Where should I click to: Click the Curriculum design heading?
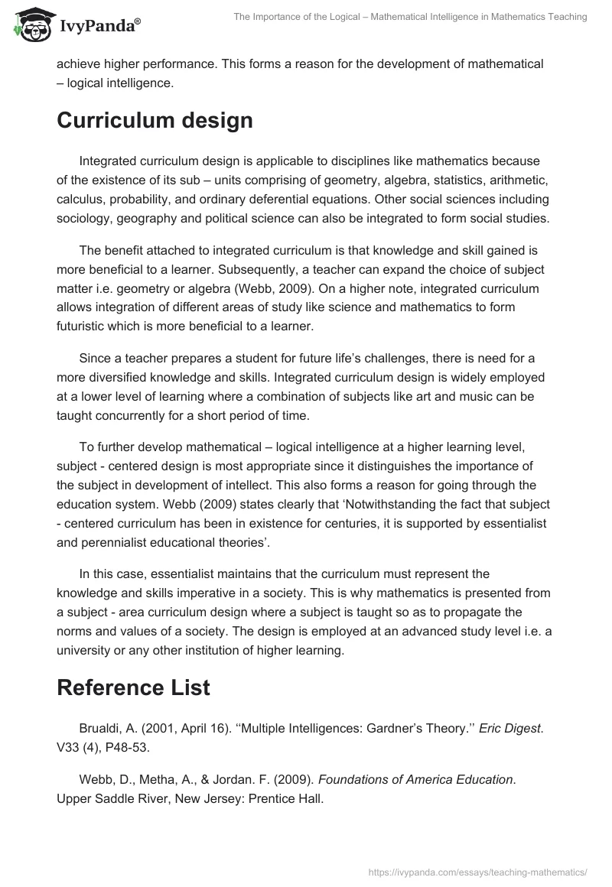coord(155,120)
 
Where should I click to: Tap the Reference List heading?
coord(133,687)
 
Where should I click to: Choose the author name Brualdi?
coord(103,726)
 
